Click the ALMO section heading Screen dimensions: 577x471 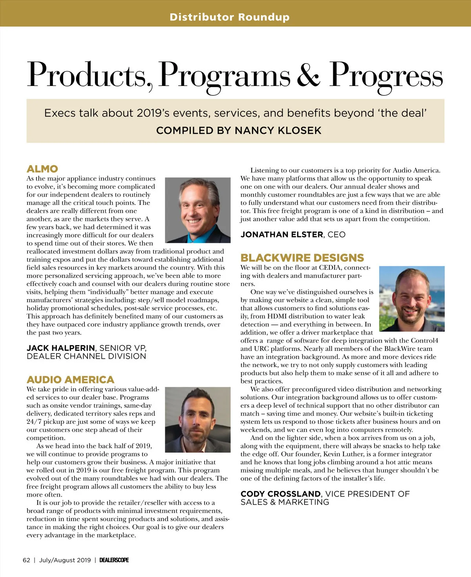point(42,169)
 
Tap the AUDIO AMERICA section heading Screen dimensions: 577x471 point(70,380)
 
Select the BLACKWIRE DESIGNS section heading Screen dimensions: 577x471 point(302,258)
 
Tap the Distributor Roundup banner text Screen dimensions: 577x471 point(230,17)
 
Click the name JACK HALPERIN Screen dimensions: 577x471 point(61,348)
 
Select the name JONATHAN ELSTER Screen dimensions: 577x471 point(282,235)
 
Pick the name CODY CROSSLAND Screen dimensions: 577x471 point(281,494)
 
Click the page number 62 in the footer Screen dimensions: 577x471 point(26,560)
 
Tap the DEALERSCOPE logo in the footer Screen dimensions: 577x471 point(114,560)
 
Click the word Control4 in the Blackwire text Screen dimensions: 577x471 point(424,340)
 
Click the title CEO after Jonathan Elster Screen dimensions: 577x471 point(336,235)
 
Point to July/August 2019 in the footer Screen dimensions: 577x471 point(65,560)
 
